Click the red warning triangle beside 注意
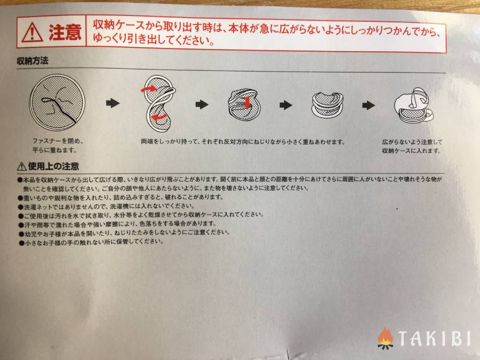click(32, 33)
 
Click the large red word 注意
click(65, 32)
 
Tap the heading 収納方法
click(33, 61)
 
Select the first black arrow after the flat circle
click(113, 103)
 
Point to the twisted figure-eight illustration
click(158, 103)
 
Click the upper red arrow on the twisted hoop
click(149, 89)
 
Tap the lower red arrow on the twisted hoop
click(159, 117)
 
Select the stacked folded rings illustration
click(327, 105)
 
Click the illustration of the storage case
click(413, 105)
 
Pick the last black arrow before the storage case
click(368, 105)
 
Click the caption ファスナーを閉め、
click(58, 141)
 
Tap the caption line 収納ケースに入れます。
click(411, 150)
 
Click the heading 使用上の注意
click(53, 166)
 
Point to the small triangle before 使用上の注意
click(22, 166)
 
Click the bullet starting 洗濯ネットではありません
click(106, 206)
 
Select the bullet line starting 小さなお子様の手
click(91, 242)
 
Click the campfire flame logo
click(385, 338)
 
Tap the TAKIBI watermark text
click(434, 338)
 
